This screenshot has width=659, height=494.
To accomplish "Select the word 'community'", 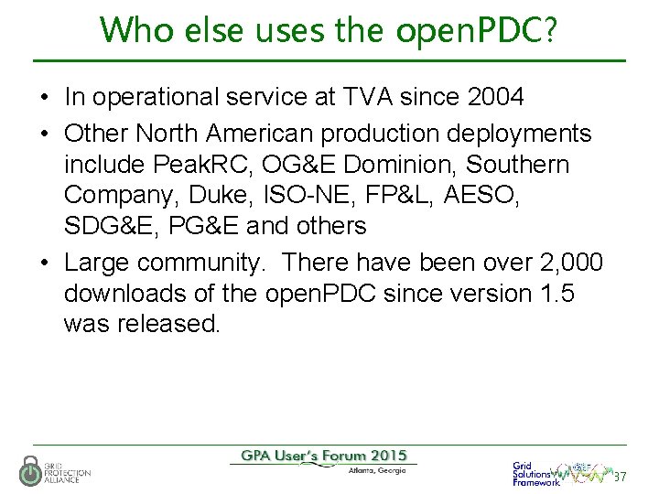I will [201, 263].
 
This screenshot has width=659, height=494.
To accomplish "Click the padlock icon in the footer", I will [29, 470].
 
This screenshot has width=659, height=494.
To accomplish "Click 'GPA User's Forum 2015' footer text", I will [324, 456].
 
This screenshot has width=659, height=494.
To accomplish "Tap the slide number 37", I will [621, 477].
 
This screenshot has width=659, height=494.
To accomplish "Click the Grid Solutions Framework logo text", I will [535, 474].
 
